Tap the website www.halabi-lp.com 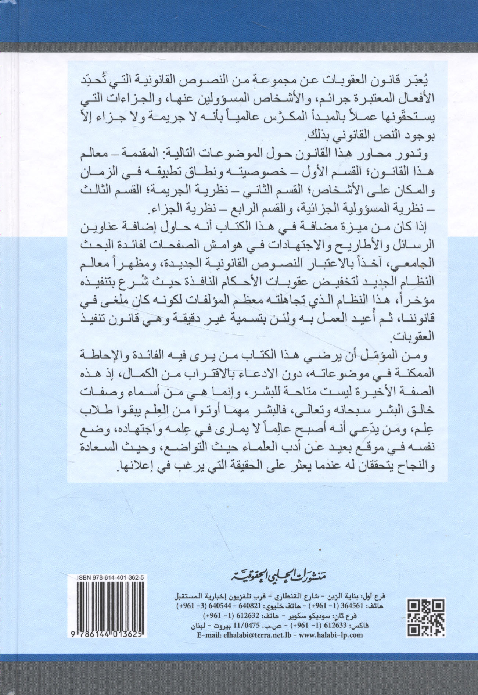tap(328, 635)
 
